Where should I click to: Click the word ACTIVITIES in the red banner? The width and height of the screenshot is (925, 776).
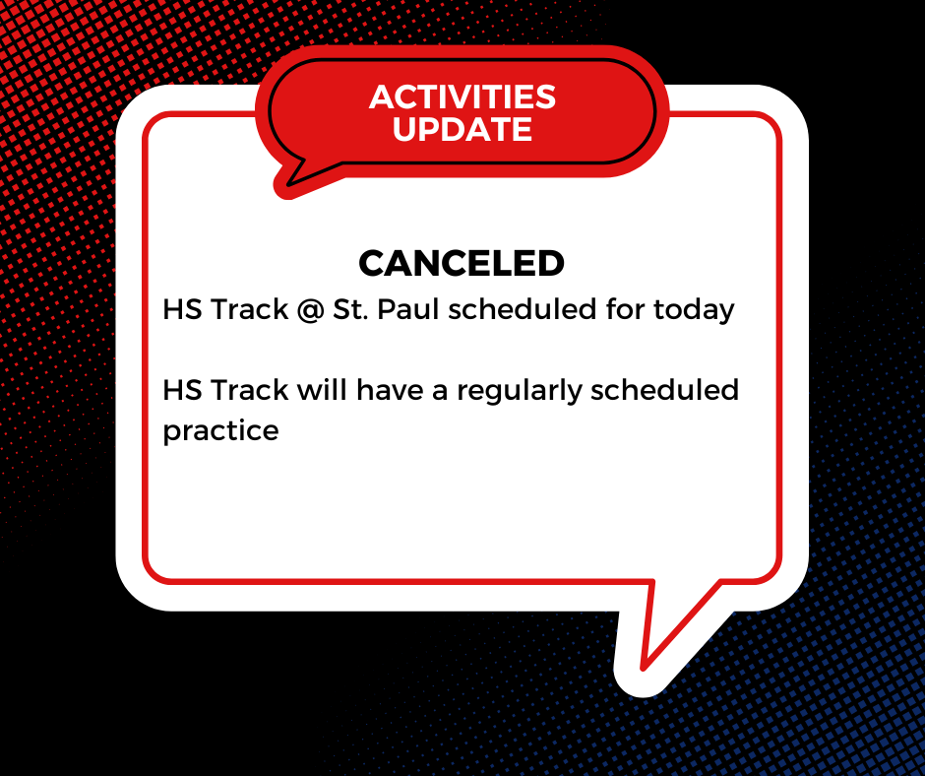(x=462, y=97)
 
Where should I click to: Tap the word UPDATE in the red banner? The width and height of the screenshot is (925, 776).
(x=462, y=129)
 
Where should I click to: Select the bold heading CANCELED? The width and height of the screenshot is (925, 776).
(x=462, y=263)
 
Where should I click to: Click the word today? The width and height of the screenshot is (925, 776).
(x=694, y=310)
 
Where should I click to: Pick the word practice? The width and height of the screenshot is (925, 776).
(x=220, y=431)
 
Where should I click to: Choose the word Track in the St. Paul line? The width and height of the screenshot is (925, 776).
(x=248, y=310)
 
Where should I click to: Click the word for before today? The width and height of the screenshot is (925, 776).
(x=627, y=310)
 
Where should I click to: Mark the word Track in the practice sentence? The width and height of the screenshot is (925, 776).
(x=248, y=390)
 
